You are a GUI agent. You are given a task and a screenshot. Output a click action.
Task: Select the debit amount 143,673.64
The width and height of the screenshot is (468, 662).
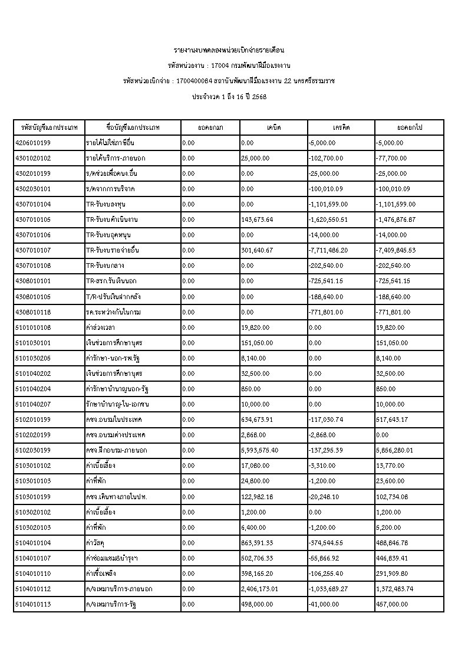(257, 219)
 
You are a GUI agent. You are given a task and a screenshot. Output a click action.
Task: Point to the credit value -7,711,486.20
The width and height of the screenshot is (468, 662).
(328, 250)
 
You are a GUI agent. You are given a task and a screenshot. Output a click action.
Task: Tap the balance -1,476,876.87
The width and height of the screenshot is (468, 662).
(396, 219)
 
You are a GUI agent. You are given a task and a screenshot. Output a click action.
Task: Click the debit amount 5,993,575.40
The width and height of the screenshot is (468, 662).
(260, 450)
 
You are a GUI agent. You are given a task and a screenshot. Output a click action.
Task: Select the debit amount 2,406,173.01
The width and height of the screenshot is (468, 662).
(260, 573)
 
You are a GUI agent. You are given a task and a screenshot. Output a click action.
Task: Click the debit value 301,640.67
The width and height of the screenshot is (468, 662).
(257, 250)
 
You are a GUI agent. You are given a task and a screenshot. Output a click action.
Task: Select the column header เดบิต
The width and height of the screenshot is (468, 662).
(273, 127)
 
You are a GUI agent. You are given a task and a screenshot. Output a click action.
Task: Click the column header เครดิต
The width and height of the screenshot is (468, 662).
(341, 127)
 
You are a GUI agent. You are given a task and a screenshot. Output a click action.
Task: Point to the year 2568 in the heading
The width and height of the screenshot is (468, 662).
(259, 96)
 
